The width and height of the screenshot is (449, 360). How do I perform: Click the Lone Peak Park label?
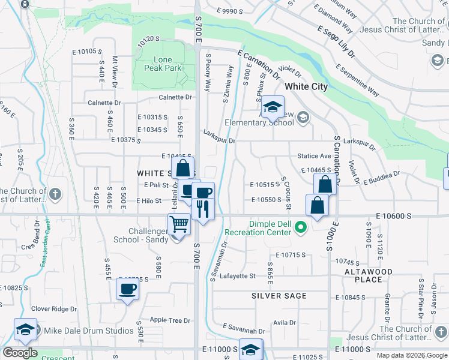[158, 64]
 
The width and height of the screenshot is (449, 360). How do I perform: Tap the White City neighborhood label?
[306, 86]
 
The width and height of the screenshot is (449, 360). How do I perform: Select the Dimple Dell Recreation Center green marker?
[302, 227]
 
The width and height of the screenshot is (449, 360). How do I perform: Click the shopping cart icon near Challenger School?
[179, 225]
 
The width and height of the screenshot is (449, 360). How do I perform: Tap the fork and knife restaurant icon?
[203, 208]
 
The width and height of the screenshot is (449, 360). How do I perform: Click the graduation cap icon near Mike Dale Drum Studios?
[26, 329]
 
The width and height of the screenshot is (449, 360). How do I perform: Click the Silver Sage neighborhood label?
[279, 296]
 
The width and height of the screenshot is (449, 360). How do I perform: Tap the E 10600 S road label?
[394, 215]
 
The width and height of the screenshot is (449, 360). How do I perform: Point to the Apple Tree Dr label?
[170, 320]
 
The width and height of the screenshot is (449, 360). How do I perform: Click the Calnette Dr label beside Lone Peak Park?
[175, 97]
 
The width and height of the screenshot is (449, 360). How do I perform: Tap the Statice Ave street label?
[315, 156]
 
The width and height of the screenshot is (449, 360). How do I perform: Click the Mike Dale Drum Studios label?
[89, 331]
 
